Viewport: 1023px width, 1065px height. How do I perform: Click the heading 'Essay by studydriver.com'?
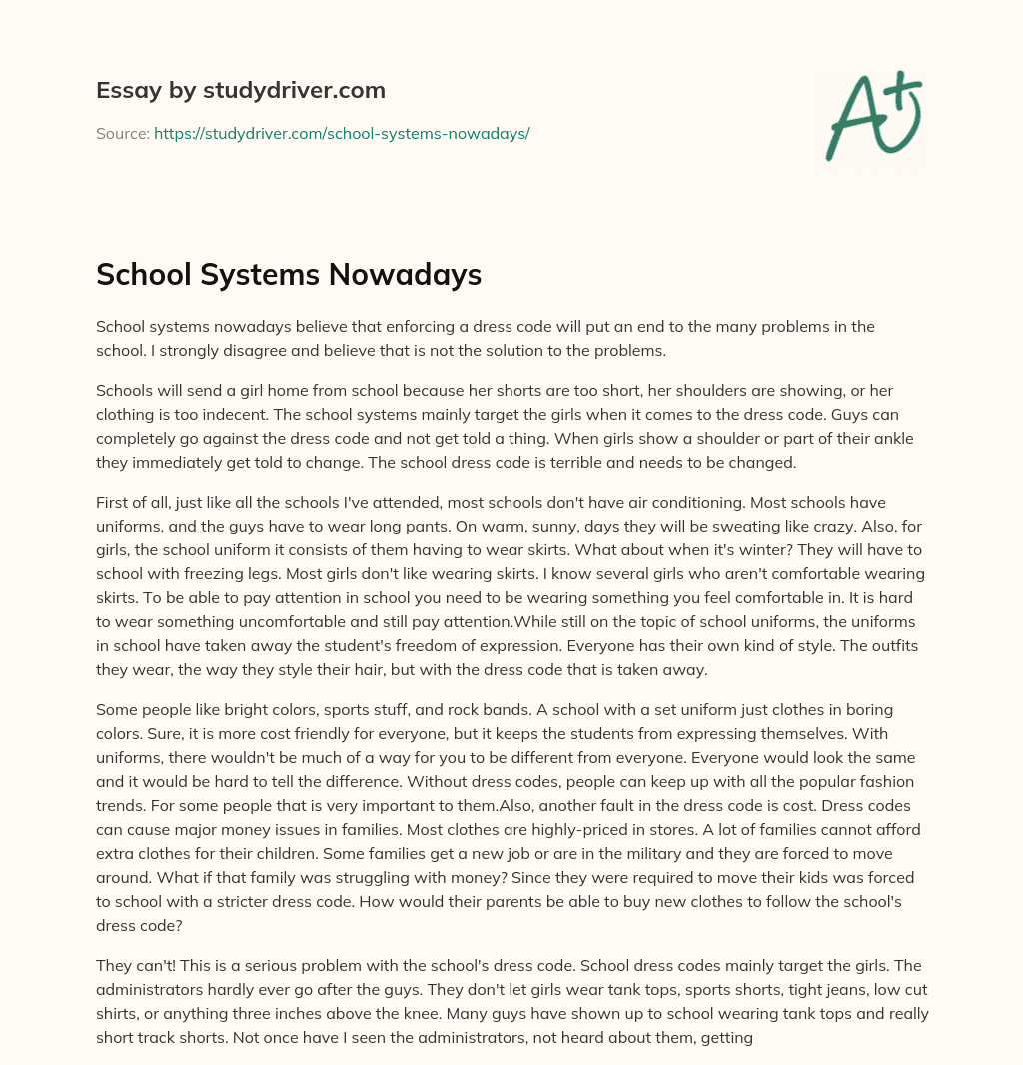click(240, 90)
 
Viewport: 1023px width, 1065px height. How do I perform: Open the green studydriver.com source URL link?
click(342, 133)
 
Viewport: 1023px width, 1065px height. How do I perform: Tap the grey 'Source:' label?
click(122, 133)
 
